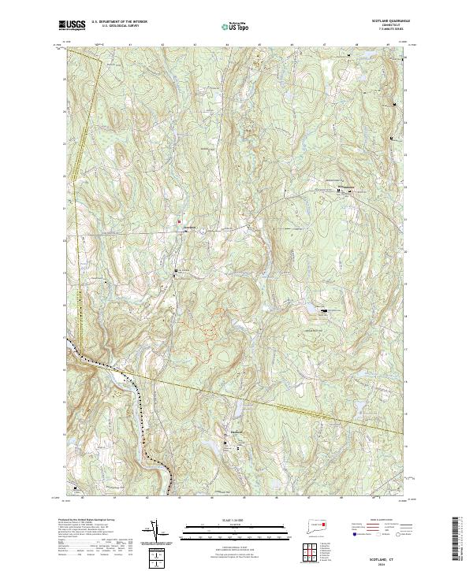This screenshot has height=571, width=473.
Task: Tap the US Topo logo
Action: coord(236,27)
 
